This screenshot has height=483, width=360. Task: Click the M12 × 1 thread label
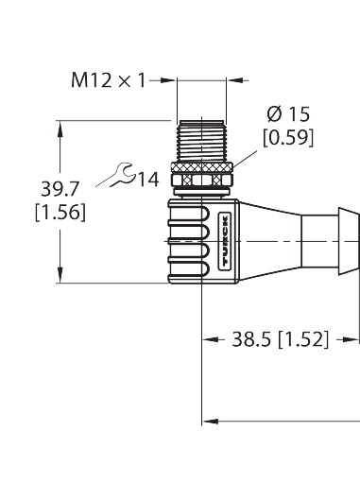110,80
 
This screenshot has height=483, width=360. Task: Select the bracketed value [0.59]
289,138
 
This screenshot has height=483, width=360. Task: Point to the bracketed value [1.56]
60,214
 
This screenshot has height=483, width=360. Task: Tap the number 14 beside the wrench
146,177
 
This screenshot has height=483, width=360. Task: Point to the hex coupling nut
201,177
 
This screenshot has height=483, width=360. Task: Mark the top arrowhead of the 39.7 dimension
61,124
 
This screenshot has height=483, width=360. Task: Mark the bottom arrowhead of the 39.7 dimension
61,277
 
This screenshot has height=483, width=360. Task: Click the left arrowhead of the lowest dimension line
211,416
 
